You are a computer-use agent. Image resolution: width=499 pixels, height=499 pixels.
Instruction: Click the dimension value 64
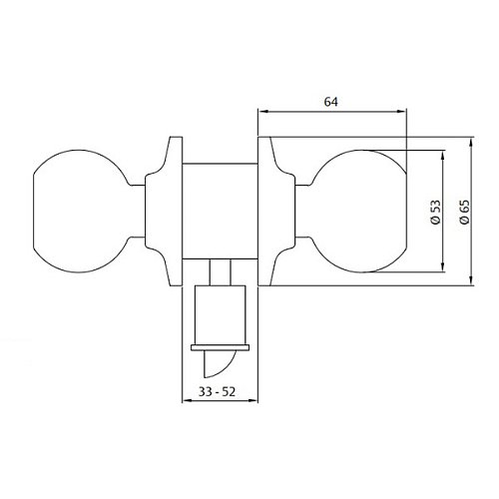(332, 101)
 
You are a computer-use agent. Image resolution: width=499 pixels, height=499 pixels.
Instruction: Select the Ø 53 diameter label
(436, 212)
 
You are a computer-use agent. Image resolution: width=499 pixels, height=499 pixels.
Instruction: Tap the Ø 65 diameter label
(464, 212)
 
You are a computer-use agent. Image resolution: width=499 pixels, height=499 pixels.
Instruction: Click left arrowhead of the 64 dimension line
(261, 112)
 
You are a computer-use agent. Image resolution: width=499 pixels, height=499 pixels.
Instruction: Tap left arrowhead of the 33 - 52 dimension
(184, 401)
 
